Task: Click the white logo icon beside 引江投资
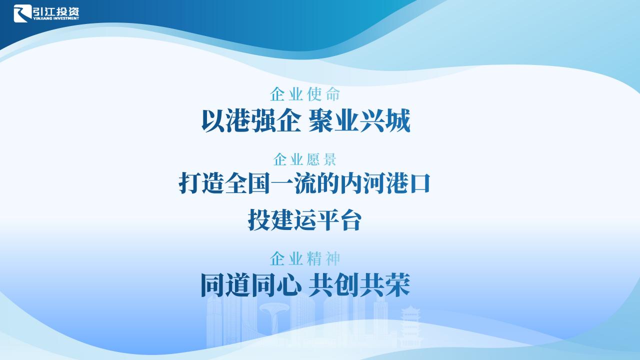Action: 22,13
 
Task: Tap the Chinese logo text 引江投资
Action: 56,11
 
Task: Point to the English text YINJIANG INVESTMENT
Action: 56,18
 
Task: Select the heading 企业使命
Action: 305,94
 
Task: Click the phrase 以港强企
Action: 251,121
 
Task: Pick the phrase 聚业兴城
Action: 359,121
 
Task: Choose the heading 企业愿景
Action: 305,159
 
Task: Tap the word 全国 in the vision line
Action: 247,183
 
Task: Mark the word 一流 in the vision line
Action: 293,183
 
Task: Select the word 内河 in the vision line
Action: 362,183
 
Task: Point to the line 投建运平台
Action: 305,219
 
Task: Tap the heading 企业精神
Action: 305,259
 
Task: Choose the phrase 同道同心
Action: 251,285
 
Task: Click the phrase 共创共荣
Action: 359,285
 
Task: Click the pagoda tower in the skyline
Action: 410,325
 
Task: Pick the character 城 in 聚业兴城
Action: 398,121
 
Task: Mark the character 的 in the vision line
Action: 327,183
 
